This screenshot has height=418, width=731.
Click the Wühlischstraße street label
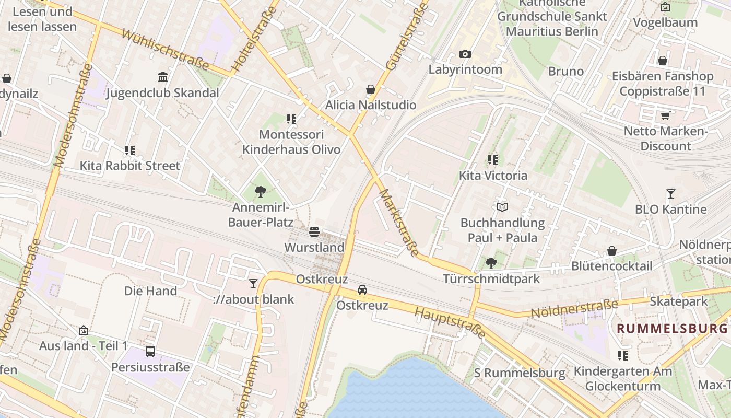[x=165, y=50]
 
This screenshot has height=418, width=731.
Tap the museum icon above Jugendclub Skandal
[x=163, y=77]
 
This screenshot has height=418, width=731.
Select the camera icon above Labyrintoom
[x=465, y=54]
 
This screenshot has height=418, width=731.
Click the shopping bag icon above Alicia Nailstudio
[x=371, y=89]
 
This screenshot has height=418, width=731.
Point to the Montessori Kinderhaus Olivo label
[x=291, y=142]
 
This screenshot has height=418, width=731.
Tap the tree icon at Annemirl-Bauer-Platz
[x=260, y=192]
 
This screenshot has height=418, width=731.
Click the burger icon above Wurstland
[x=314, y=231]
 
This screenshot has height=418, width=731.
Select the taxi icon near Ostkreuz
[x=362, y=289]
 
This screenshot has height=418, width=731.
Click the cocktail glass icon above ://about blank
[x=253, y=283]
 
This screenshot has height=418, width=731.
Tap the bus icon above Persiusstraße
[x=150, y=351]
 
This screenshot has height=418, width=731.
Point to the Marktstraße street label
[x=398, y=223]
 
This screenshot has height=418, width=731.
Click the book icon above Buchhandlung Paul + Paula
[x=502, y=207]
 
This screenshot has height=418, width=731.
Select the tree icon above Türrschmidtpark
[x=491, y=263]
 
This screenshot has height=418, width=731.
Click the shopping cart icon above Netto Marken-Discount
[x=665, y=115]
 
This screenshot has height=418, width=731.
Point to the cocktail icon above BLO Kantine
[x=671, y=194]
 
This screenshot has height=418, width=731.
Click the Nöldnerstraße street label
[x=574, y=308]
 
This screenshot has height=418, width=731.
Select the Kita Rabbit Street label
[x=129, y=166]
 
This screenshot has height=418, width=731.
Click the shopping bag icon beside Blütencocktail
[x=611, y=251]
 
